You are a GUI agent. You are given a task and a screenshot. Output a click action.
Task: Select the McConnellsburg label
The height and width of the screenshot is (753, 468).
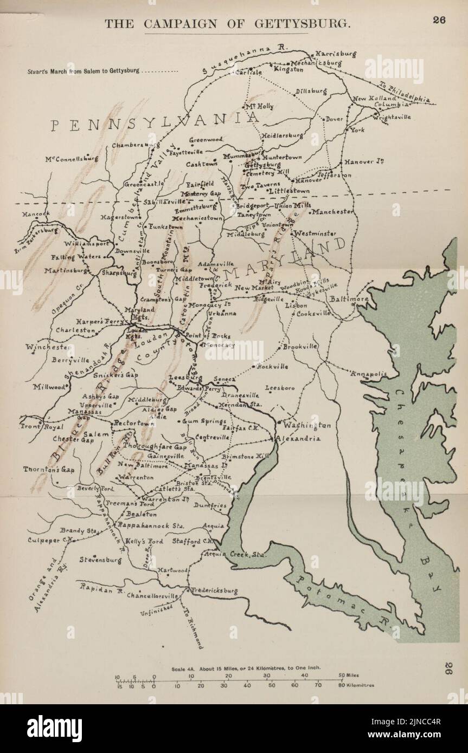[x=72, y=159]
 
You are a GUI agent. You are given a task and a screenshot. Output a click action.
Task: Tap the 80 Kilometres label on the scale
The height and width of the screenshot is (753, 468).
[x=356, y=685]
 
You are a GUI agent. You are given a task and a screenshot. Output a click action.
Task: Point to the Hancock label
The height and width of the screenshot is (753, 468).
[x=36, y=214]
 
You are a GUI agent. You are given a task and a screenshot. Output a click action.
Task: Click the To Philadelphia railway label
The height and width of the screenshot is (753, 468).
[x=405, y=93]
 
